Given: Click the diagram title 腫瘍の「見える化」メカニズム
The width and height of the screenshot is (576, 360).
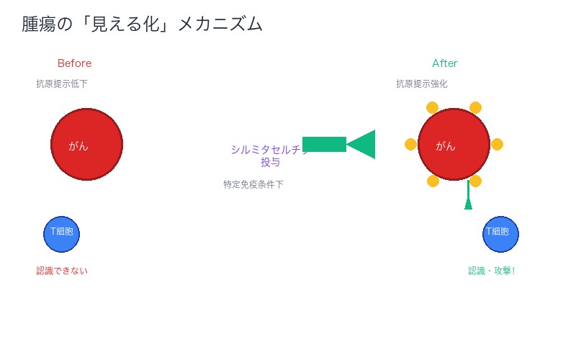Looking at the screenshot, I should [142, 24].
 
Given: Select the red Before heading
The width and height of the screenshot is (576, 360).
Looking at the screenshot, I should [74, 63].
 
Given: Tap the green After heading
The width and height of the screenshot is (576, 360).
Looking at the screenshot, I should [444, 63].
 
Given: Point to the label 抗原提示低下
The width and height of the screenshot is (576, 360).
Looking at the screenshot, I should [62, 84].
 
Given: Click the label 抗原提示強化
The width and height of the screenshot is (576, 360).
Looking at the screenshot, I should [421, 84].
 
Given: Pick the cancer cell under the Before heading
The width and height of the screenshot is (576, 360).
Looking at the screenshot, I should [86, 144].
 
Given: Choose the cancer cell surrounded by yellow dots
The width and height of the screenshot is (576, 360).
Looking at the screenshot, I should [454, 144].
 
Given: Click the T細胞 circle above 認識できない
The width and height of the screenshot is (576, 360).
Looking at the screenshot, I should [61, 234].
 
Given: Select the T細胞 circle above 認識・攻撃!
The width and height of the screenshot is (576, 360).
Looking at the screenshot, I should [500, 234].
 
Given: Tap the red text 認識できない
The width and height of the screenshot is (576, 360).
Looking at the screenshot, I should [62, 271].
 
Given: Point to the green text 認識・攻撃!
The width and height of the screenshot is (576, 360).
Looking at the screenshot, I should [492, 271].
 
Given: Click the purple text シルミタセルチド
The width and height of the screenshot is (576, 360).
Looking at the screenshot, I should [266, 150].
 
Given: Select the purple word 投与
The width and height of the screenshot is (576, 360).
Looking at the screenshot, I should [270, 163].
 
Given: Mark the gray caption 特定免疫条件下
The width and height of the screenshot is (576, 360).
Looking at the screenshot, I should [253, 184].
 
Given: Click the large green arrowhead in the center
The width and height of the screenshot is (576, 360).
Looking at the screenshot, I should [361, 144].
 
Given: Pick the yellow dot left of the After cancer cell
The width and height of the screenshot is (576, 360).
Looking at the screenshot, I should [410, 144].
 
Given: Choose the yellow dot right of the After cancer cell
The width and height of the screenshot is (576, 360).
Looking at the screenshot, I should [497, 144].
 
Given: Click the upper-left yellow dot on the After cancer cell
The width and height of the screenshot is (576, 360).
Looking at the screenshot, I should [432, 107].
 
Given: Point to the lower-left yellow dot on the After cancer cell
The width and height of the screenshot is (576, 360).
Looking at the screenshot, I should [433, 181].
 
